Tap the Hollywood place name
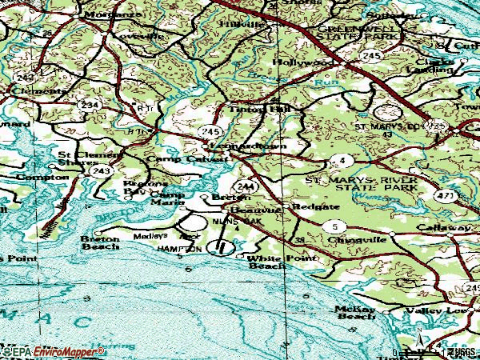(303, 62)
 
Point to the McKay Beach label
(356, 312)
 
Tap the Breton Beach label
(100, 243)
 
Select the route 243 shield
(101, 171)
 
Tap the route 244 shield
(246, 186)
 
